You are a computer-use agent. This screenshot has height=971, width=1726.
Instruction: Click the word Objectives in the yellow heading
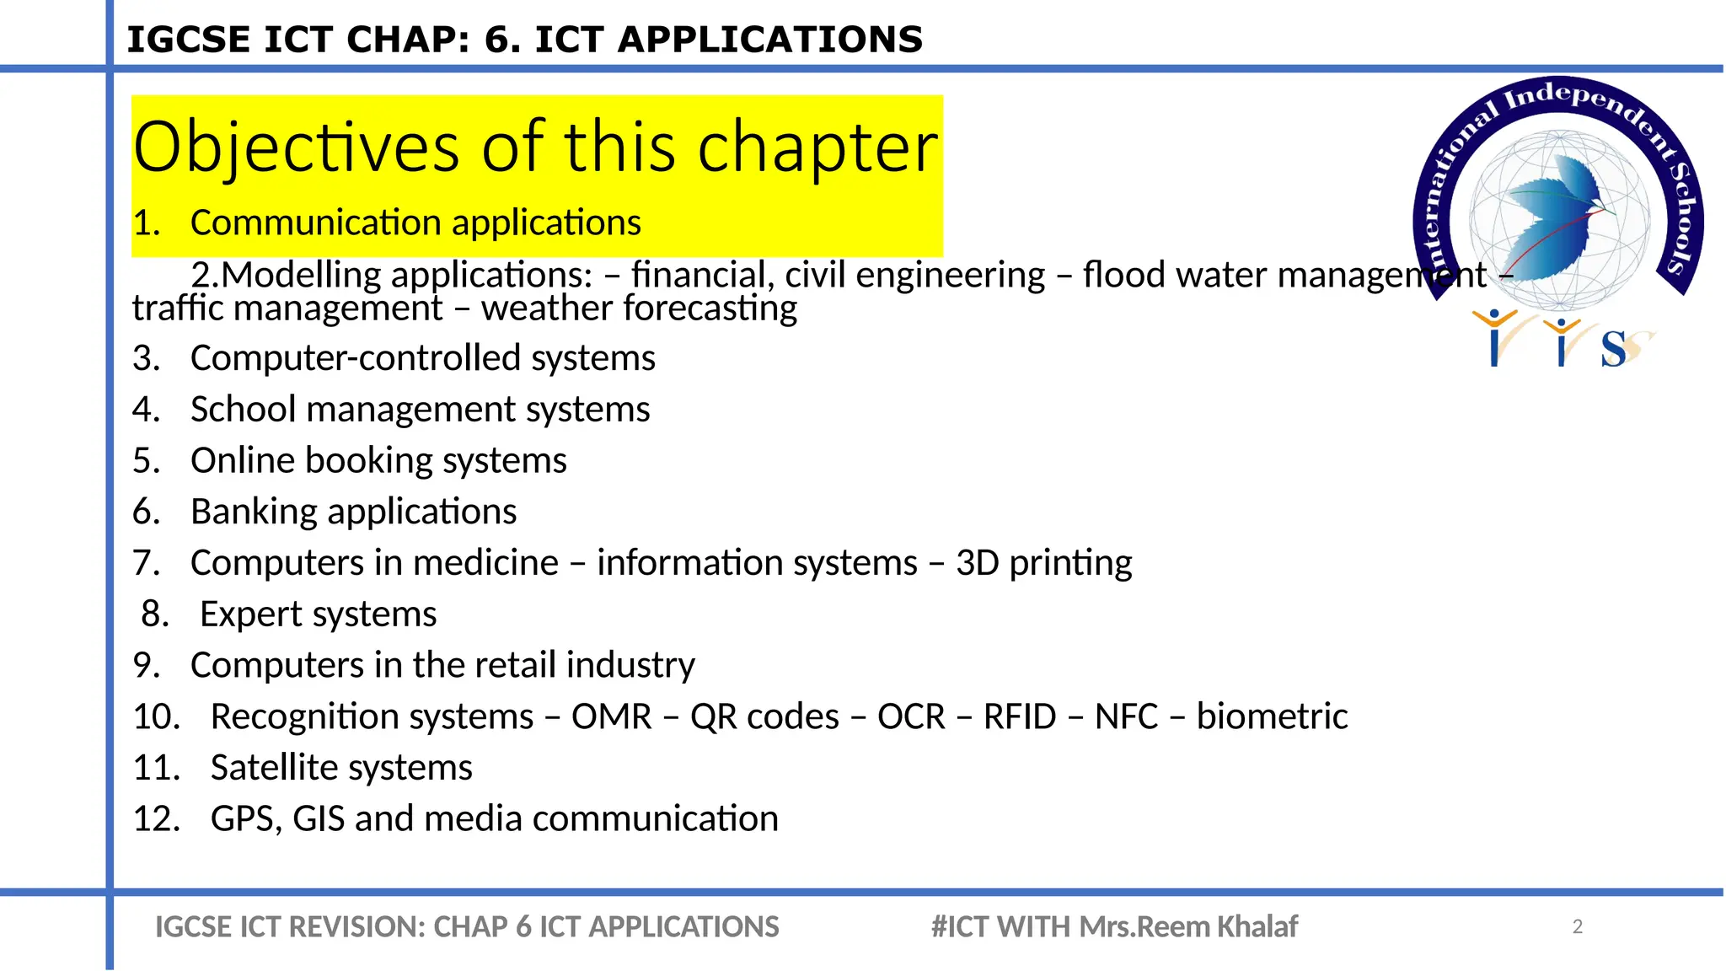pyautogui.click(x=296, y=148)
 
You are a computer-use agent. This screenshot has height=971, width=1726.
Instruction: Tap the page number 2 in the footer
pyautogui.click(x=1578, y=927)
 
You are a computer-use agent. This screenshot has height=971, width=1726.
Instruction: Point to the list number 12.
pyautogui.click(x=157, y=819)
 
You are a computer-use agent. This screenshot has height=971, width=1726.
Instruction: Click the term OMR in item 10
pyautogui.click(x=611, y=717)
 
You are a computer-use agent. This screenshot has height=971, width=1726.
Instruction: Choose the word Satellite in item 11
pyautogui.click(x=274, y=768)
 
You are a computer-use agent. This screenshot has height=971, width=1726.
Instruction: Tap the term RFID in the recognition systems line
pyautogui.click(x=1019, y=717)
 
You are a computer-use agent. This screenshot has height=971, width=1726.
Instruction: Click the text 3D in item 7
pyautogui.click(x=977, y=563)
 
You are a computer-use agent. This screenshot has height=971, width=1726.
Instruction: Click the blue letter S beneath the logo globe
pyautogui.click(x=1613, y=349)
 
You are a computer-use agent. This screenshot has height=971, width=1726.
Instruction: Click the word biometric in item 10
pyautogui.click(x=1272, y=717)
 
